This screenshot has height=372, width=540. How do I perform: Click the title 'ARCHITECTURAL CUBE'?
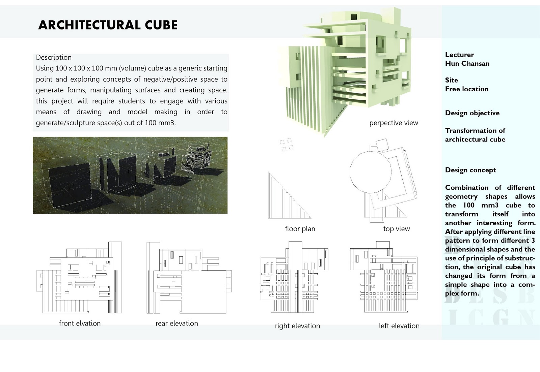click(x=108, y=25)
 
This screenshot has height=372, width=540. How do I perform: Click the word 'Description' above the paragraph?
click(x=54, y=57)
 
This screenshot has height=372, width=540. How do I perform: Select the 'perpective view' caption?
click(x=394, y=123)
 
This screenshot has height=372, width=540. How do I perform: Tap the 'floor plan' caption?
click(x=300, y=229)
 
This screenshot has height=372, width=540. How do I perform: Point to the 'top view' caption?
click(x=396, y=229)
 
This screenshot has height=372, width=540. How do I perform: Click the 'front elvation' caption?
click(x=80, y=323)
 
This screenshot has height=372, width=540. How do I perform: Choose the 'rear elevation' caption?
click(x=177, y=323)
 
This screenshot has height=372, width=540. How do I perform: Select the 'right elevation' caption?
click(x=297, y=326)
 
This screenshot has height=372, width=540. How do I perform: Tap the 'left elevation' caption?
click(x=399, y=326)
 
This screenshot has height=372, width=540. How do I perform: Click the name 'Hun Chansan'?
click(x=467, y=63)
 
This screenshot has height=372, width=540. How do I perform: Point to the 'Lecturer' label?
click(x=459, y=55)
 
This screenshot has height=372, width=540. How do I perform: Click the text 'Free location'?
click(x=467, y=89)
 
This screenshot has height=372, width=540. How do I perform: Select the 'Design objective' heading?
click(x=472, y=113)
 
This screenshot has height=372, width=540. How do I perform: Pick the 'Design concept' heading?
click(x=470, y=170)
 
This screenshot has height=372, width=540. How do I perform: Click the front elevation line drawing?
click(x=79, y=278)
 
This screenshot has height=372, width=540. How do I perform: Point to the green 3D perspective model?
click(x=348, y=67)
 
